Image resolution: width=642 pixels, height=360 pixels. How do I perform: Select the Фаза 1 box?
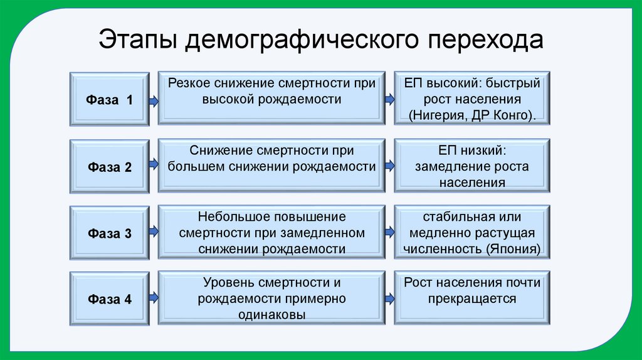[x=109, y=99]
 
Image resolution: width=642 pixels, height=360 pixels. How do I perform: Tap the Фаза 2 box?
[x=109, y=167]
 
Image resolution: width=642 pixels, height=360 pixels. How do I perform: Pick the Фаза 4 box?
[x=109, y=299]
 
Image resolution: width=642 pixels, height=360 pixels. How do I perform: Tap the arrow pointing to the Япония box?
[x=389, y=231]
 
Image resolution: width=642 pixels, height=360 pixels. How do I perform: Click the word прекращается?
[x=472, y=299]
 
